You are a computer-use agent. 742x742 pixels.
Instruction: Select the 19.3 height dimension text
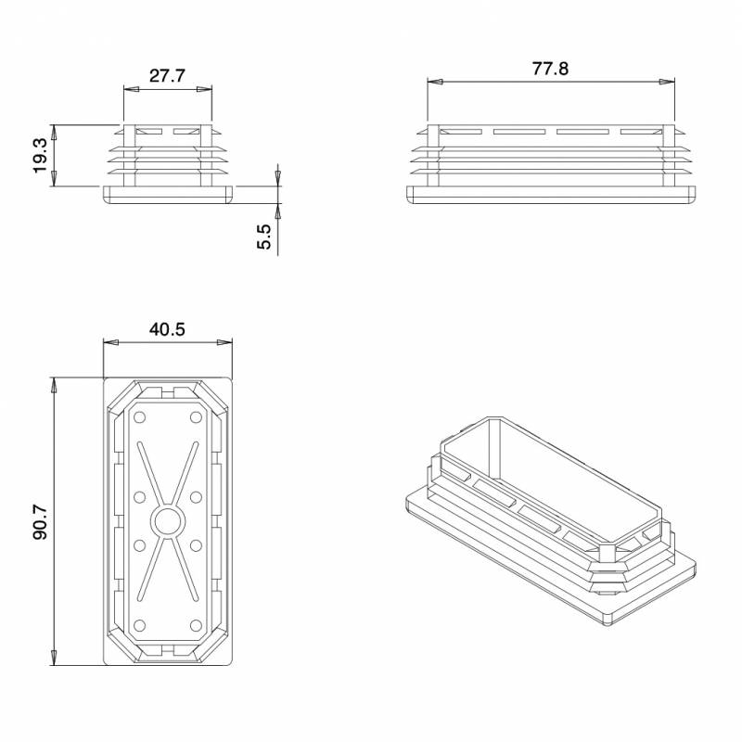coord(40,156)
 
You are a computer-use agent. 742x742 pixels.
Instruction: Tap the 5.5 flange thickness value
coord(264,237)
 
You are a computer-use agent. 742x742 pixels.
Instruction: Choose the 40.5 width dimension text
coord(167,329)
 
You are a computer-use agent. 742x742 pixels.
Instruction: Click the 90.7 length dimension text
coord(39,522)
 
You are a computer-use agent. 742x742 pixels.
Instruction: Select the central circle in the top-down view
coord(167,522)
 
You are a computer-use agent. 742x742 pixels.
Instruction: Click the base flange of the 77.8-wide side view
coord(551,195)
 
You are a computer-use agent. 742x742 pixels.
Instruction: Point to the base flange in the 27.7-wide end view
coord(167,195)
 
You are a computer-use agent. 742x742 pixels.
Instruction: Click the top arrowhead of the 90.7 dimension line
coord(54,383)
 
